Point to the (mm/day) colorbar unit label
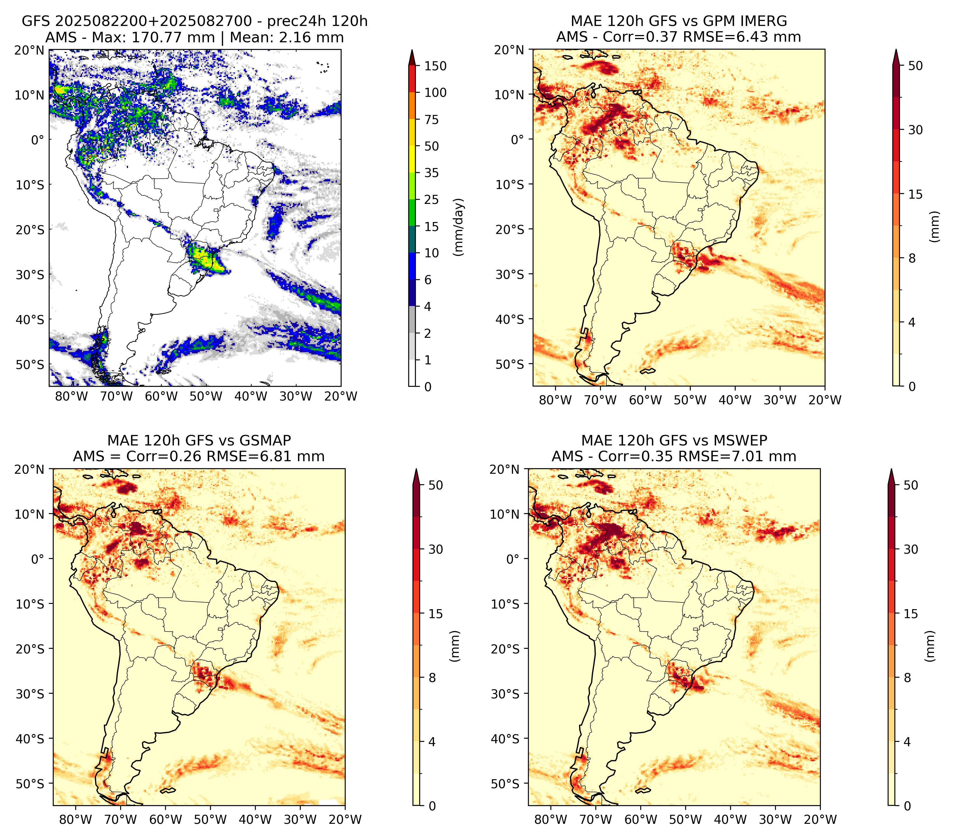(459, 227)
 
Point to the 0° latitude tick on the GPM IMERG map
(517, 139)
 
